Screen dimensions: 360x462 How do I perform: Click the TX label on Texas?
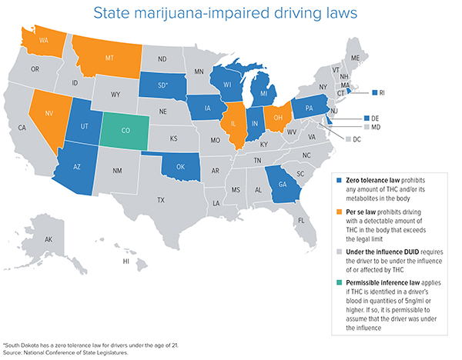click(x=161, y=200)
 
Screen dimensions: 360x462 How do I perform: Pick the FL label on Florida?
click(x=302, y=219)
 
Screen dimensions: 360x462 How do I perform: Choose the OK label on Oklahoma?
click(x=181, y=164)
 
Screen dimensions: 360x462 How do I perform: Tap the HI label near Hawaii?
click(x=126, y=262)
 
